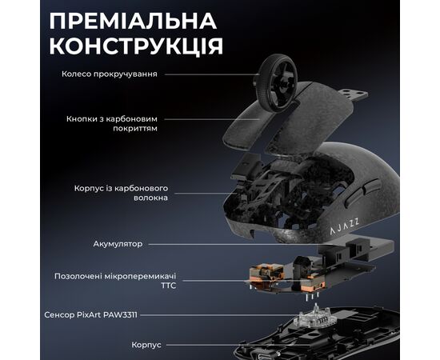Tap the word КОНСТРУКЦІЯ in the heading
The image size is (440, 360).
(133, 45)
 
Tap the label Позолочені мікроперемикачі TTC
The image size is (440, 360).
(115, 280)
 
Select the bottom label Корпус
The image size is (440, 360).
(146, 345)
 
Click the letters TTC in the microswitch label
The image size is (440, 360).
(168, 286)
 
